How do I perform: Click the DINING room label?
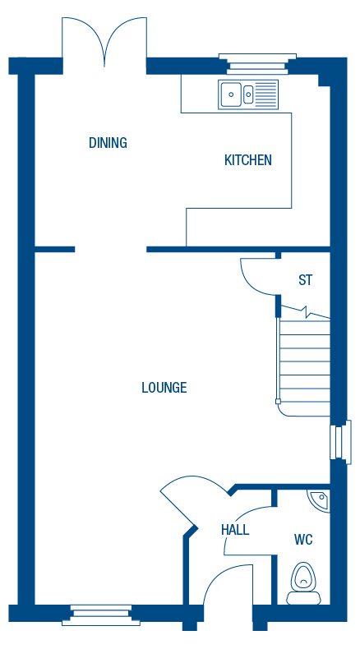point(108,143)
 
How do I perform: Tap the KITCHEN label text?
point(247,160)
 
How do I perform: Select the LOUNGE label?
point(164,388)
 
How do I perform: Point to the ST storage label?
point(305,281)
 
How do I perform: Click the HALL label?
point(234,530)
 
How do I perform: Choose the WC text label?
point(303,541)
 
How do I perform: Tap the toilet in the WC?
point(305,580)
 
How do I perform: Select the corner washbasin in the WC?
point(318,499)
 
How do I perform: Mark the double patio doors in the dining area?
point(105,41)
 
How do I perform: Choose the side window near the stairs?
point(335,441)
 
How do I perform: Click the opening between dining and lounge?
point(111,249)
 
